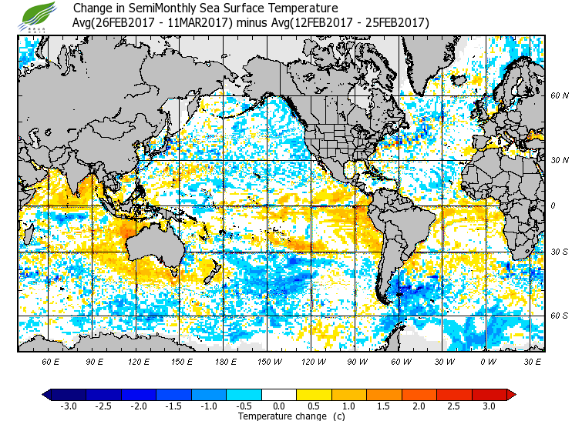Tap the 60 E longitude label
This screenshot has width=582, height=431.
click(x=51, y=361)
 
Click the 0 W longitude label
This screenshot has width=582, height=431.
click(x=487, y=361)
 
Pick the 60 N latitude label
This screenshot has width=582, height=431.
click(x=559, y=95)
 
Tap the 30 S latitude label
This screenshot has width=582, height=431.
click(x=559, y=252)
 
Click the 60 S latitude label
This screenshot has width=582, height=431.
click(x=559, y=316)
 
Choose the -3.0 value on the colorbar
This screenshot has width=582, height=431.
click(x=69, y=406)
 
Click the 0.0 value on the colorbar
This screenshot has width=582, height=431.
click(x=279, y=406)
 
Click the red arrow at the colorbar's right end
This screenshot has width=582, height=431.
click(x=510, y=394)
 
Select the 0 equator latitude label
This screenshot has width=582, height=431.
click(x=553, y=205)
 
